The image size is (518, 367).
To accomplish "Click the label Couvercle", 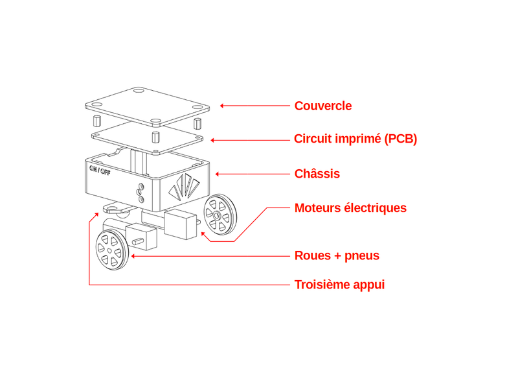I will (x=323, y=105).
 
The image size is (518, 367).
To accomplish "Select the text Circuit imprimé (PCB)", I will (x=355, y=139).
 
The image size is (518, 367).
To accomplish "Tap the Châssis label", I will (x=317, y=174).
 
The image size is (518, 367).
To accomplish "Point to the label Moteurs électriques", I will (x=350, y=208).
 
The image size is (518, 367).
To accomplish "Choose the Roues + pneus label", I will (x=337, y=255).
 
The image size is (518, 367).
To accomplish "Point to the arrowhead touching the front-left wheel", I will (x=133, y=256).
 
